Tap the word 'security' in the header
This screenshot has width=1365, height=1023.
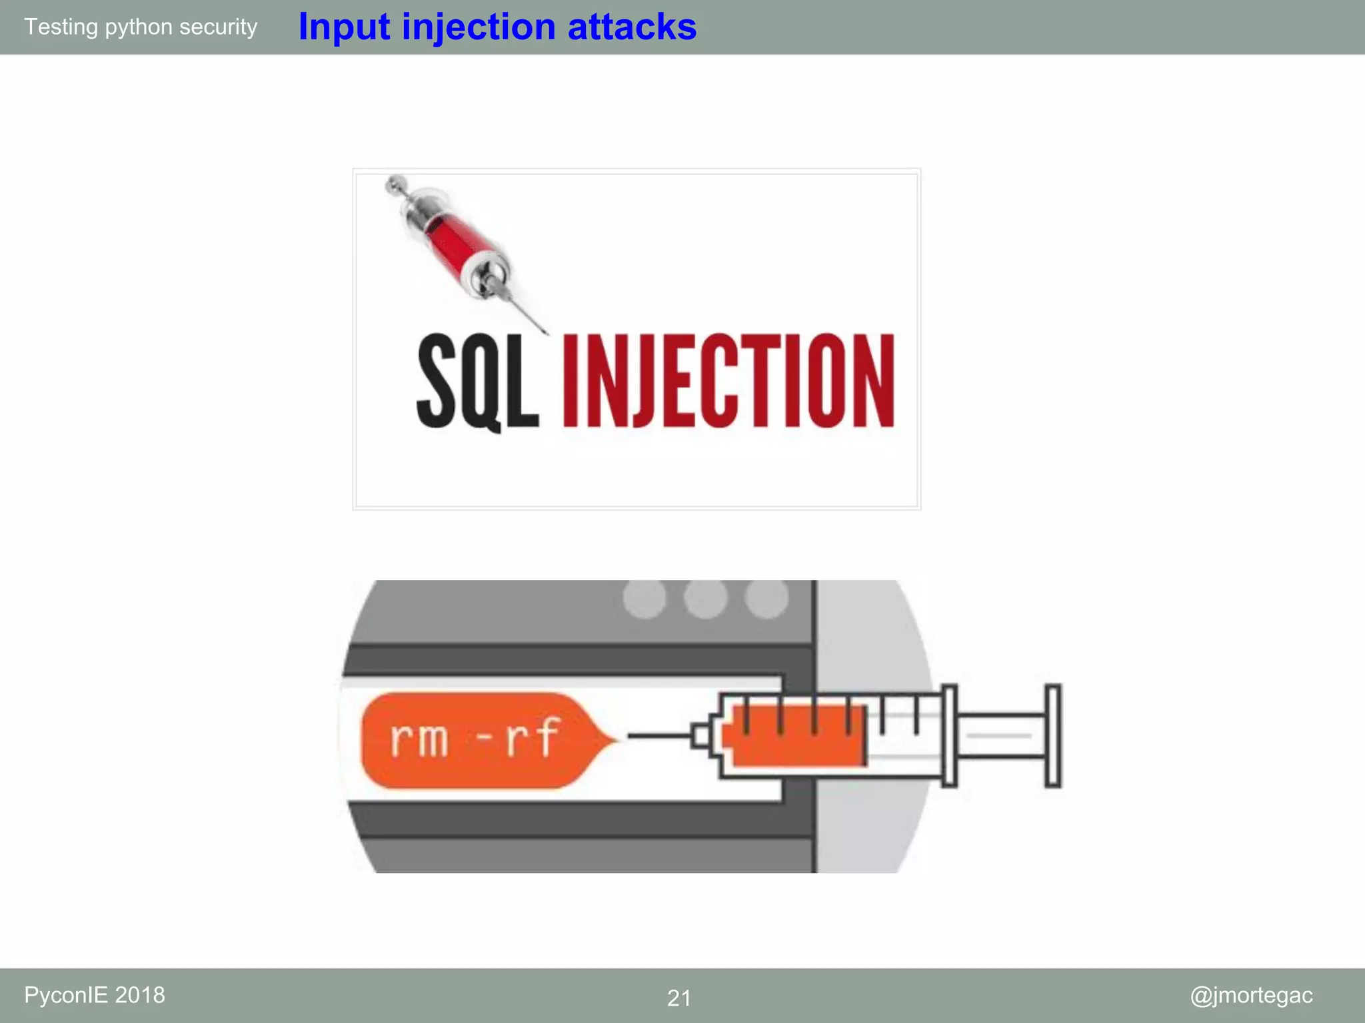click(x=218, y=27)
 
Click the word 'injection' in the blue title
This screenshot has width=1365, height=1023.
click(x=479, y=28)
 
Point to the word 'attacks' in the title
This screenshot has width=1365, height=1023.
click(x=632, y=28)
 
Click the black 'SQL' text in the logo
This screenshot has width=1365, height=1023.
click(x=477, y=381)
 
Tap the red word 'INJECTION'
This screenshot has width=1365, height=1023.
click(x=728, y=381)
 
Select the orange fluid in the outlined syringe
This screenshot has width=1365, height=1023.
click(x=793, y=736)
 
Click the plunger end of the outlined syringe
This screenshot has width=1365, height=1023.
click(x=1052, y=735)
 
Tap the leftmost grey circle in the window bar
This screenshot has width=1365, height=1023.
click(x=645, y=597)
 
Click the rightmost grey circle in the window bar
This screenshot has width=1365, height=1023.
click(x=766, y=597)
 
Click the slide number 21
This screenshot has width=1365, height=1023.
click(x=679, y=998)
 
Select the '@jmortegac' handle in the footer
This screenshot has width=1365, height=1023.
click(x=1251, y=995)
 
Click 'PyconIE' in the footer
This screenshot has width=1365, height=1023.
click(x=66, y=995)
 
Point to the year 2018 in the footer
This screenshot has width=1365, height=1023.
click(x=140, y=995)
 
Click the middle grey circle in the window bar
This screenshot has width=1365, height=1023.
click(x=705, y=597)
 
